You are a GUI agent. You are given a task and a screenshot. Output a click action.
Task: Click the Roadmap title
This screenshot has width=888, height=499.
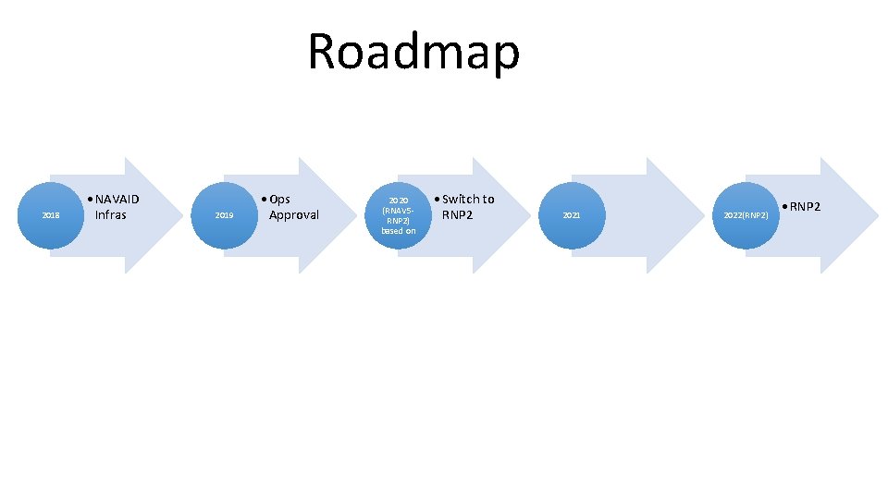pyautogui.click(x=413, y=52)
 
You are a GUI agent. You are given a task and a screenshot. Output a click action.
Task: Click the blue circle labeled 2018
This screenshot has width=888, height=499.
pyautogui.click(x=51, y=215)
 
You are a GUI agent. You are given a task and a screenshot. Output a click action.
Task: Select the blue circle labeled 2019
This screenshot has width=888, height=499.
pyautogui.click(x=224, y=215)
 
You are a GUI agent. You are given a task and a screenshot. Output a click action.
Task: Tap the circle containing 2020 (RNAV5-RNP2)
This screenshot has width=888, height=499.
pyautogui.click(x=398, y=215)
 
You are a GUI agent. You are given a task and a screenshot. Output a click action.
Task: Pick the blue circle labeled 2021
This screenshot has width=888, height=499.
pyautogui.click(x=572, y=215)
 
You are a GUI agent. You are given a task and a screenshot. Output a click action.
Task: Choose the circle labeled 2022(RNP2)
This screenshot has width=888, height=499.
pyautogui.click(x=746, y=215)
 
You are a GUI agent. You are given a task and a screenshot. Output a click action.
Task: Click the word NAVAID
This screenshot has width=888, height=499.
pyautogui.click(x=117, y=199)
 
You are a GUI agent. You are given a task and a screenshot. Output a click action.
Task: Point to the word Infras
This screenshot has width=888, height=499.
pyautogui.click(x=111, y=215)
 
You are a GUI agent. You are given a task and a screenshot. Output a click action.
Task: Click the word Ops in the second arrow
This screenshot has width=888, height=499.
pyautogui.click(x=279, y=199)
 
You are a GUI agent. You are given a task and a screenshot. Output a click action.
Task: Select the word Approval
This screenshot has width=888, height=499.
pyautogui.click(x=293, y=215)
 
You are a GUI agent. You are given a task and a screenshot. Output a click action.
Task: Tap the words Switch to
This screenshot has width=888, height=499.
pyautogui.click(x=468, y=199)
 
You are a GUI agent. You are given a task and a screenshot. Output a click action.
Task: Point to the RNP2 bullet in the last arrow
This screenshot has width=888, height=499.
pyautogui.click(x=805, y=206)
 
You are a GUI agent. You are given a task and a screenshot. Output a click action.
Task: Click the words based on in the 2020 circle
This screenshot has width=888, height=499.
pyautogui.click(x=399, y=231)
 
